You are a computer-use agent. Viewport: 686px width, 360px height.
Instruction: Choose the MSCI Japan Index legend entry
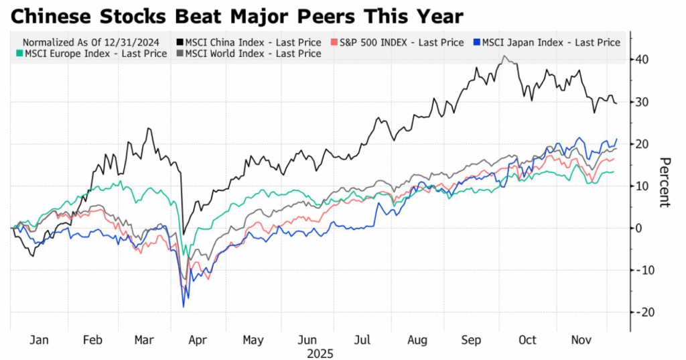(549, 42)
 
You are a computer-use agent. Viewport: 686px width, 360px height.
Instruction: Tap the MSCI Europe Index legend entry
(90, 54)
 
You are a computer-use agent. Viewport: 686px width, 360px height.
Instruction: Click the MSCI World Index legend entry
(248, 54)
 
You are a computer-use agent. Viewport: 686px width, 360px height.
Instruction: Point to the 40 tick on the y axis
(644, 60)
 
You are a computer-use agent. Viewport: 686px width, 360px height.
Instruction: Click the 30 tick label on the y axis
(644, 102)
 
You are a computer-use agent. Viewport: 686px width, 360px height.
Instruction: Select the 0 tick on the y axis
(639, 228)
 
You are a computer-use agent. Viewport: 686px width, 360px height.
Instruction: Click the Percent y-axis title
(665, 182)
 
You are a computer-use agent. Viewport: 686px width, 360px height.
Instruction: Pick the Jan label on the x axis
(39, 341)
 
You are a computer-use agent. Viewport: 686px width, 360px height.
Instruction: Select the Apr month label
(197, 341)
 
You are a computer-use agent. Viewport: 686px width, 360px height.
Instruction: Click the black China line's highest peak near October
(504, 57)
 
